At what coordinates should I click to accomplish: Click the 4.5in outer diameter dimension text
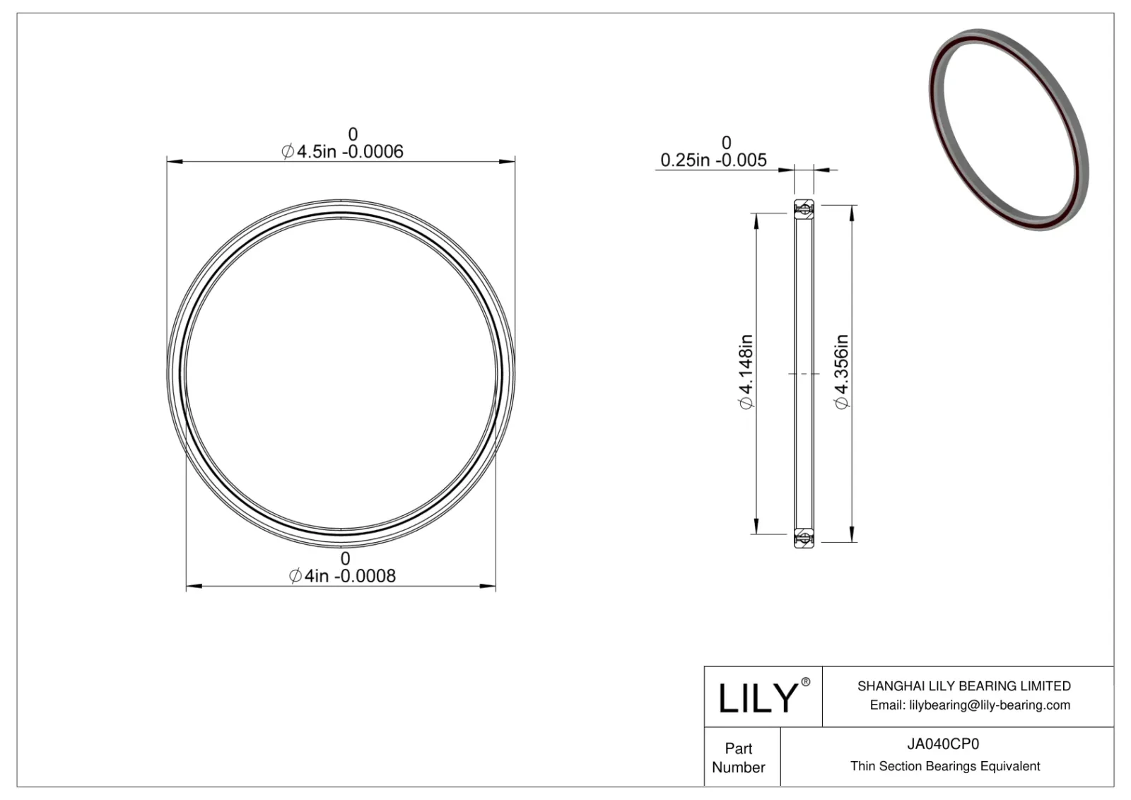pos(343,152)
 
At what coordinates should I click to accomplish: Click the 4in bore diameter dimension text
pos(343,577)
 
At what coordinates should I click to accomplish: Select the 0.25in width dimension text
pos(713,160)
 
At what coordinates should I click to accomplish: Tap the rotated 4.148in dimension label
pos(746,372)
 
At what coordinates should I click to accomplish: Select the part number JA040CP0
pos(944,744)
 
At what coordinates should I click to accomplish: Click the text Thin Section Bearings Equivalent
pos(945,766)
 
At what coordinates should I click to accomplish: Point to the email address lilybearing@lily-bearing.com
pos(970,705)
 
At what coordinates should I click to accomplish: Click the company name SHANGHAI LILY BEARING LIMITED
pos(963,686)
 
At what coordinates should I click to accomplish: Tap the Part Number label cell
pos(739,758)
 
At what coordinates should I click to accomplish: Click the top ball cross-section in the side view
pos(804,208)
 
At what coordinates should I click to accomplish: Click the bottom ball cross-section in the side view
pos(804,539)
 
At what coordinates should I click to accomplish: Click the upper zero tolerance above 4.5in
pos(353,134)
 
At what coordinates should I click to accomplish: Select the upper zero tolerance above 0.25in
pos(726,143)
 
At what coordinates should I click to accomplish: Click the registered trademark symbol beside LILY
pos(806,683)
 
